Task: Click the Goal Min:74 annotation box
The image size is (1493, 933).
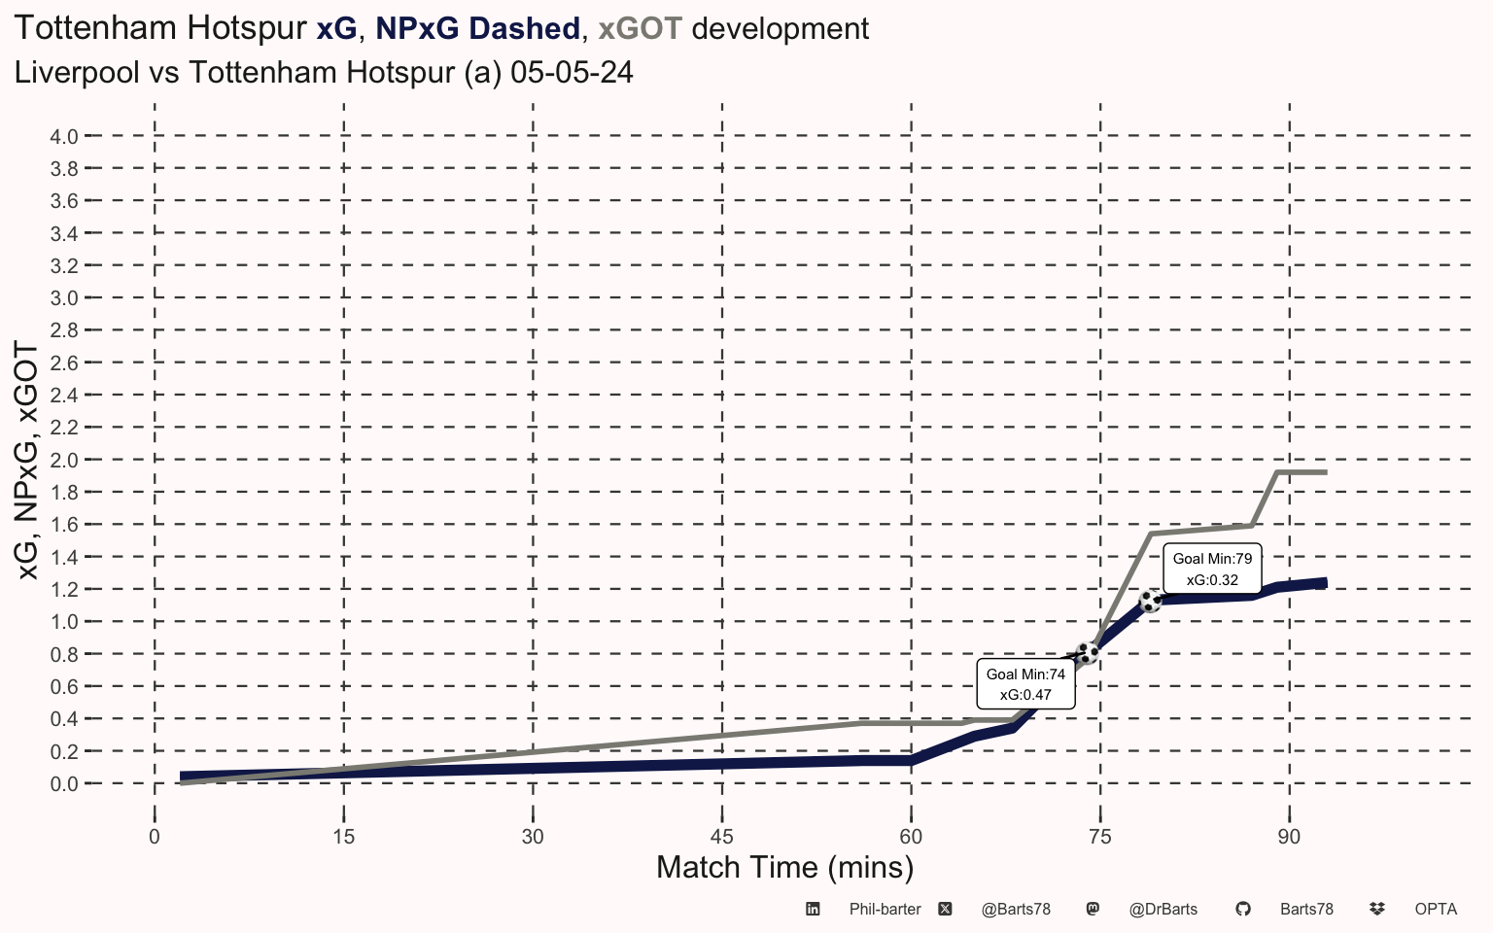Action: coord(1025,684)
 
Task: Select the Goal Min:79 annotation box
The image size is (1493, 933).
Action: coord(1212,570)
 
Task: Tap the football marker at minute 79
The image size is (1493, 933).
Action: coord(1150,601)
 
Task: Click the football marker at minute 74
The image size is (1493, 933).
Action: coord(1087,653)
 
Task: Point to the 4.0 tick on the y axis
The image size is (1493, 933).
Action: coord(64,136)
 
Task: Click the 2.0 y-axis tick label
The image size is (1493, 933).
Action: coord(64,460)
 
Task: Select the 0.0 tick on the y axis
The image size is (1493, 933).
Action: coord(64,784)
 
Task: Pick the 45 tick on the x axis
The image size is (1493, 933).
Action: coord(721,837)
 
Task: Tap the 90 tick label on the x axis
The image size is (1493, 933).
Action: coord(1289,837)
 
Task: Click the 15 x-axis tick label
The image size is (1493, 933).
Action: coord(343,837)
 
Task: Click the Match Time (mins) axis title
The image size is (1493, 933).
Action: coord(784,867)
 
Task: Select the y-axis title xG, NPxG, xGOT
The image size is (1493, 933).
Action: coord(28,461)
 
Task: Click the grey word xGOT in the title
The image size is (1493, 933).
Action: coord(640,29)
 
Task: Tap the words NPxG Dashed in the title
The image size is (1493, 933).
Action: coord(477,29)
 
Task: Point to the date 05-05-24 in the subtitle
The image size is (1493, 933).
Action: coord(572,73)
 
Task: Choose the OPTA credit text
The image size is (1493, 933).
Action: coord(1436,910)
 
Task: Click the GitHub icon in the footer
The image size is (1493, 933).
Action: coord(1242,910)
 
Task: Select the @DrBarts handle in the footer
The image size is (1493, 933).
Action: coord(1163,910)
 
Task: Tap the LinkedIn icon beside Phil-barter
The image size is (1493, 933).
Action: coord(813,910)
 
